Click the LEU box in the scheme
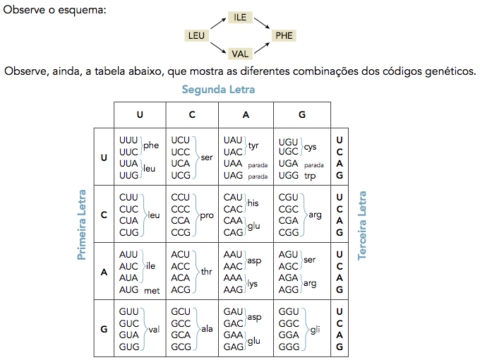coord(196,35)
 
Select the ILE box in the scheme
coord(240,17)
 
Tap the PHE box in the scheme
coord(284,35)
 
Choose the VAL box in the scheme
coord(240,53)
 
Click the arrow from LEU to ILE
coord(218,25)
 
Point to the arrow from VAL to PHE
coord(262,45)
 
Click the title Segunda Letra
coord(218,90)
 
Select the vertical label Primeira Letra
coord(82,224)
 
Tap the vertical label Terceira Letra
coord(363,224)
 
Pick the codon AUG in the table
coord(129,290)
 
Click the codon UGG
coord(289,176)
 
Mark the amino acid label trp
coord(310,176)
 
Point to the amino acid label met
coord(152,290)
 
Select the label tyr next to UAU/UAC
coord(254,145)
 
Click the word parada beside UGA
coord(313,165)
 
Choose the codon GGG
coord(289,347)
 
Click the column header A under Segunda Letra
coord(246,114)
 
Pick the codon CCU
coord(181,198)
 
